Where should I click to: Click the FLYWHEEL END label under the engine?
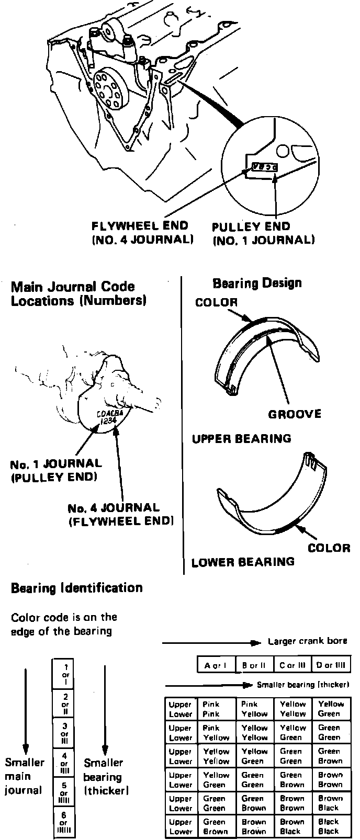[140, 233]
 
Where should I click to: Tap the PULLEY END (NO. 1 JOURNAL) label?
[263, 233]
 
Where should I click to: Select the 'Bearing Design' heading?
[257, 283]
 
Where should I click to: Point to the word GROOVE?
[295, 414]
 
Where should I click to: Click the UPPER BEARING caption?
[241, 438]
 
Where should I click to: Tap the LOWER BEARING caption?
[243, 562]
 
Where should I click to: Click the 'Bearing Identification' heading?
[76, 588]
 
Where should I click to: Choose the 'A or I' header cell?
[216, 665]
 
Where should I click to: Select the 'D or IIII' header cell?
[331, 665]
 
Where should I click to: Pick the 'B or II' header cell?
[254, 665]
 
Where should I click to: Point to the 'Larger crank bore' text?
[307, 641]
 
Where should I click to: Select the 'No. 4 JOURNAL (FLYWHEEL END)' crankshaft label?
[120, 514]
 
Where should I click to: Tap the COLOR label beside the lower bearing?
[329, 548]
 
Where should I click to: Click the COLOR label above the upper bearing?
[216, 302]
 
